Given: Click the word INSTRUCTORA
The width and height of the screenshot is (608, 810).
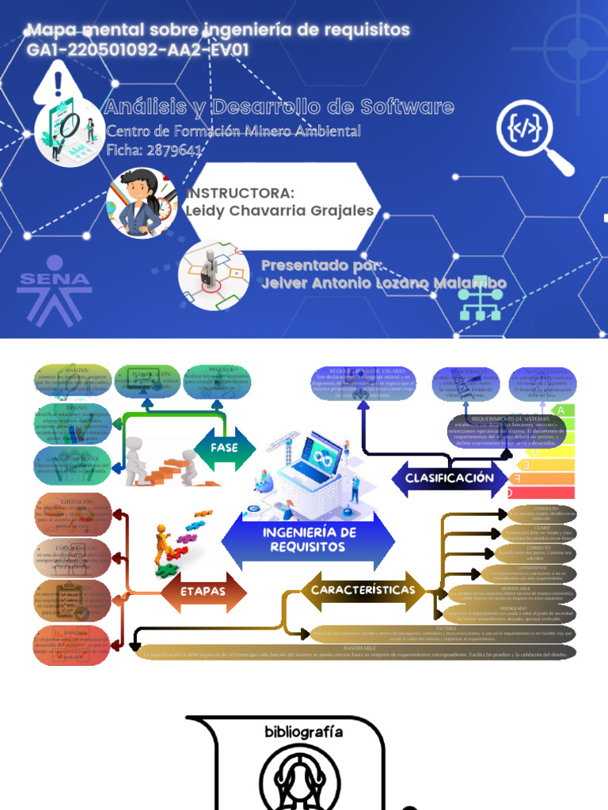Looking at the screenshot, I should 241,194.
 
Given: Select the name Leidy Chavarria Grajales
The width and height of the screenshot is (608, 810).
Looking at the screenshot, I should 279,211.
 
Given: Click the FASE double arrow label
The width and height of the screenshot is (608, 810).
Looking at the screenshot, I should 224,449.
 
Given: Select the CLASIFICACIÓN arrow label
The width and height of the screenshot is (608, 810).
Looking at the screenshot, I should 449,478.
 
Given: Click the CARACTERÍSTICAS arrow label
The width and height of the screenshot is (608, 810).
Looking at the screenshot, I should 363,590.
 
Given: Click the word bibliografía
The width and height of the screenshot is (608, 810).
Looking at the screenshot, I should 304,732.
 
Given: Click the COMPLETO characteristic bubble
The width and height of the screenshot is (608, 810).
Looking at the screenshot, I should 541,513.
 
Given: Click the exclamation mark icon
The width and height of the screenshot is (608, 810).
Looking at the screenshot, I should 58,82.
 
